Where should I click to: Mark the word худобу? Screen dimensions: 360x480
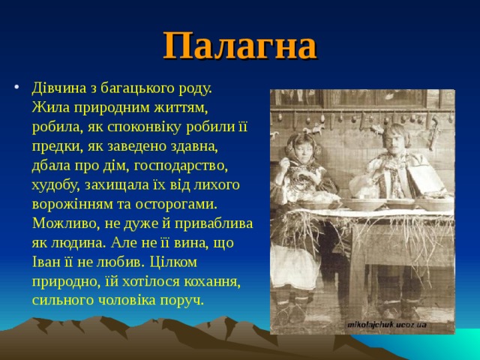click(x=58, y=184)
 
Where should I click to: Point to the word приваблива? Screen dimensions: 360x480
click(x=214, y=223)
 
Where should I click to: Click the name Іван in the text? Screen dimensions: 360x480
click(x=46, y=262)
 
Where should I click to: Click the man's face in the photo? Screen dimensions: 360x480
click(x=391, y=138)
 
